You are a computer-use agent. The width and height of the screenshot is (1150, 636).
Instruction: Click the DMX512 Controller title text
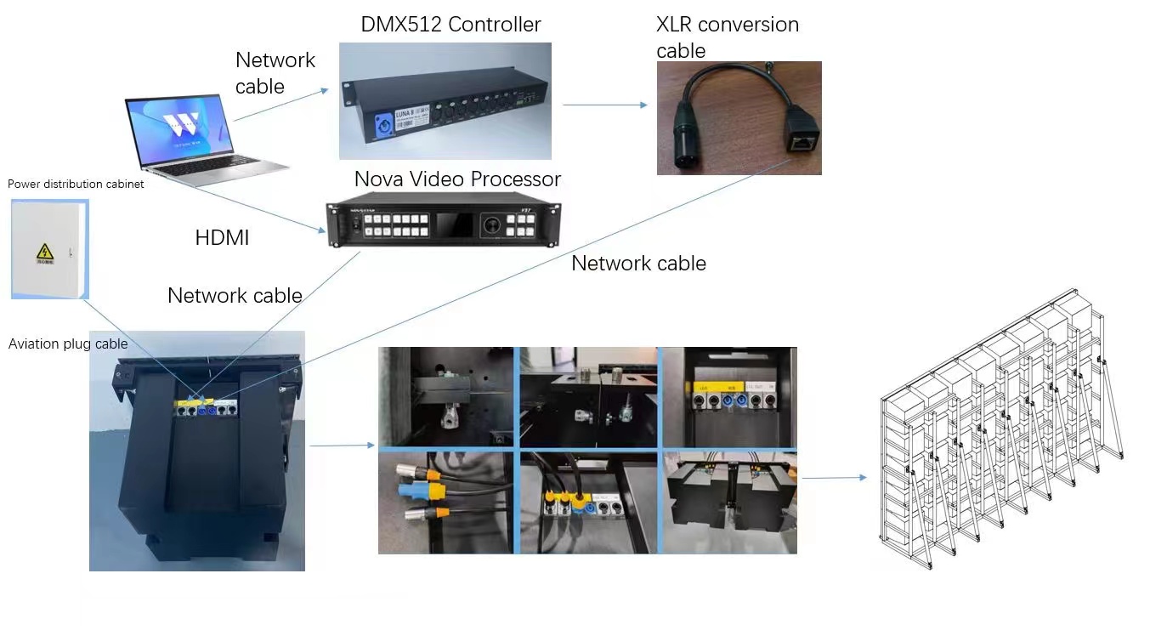coord(450,25)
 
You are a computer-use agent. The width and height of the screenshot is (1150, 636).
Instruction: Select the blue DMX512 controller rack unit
coord(445,101)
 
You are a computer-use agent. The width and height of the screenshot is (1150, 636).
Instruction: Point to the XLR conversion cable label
coord(727,37)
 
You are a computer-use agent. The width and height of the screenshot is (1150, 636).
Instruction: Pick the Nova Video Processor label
coord(457,179)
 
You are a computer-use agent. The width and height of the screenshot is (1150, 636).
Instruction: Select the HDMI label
coord(222,239)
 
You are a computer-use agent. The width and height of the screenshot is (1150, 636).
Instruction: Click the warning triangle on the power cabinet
coord(44,252)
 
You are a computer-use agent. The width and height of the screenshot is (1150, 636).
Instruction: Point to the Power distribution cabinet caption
coord(76,184)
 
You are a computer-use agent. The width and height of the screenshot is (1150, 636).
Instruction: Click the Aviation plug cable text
coord(68,344)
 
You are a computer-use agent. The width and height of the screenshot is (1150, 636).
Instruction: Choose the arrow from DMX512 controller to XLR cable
coord(604,105)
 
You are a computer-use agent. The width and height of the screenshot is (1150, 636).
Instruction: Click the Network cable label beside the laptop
coord(275,72)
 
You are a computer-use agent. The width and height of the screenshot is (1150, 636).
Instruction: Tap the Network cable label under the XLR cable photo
coord(638,264)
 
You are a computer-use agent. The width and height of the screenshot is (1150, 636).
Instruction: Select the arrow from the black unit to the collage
coord(341,445)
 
